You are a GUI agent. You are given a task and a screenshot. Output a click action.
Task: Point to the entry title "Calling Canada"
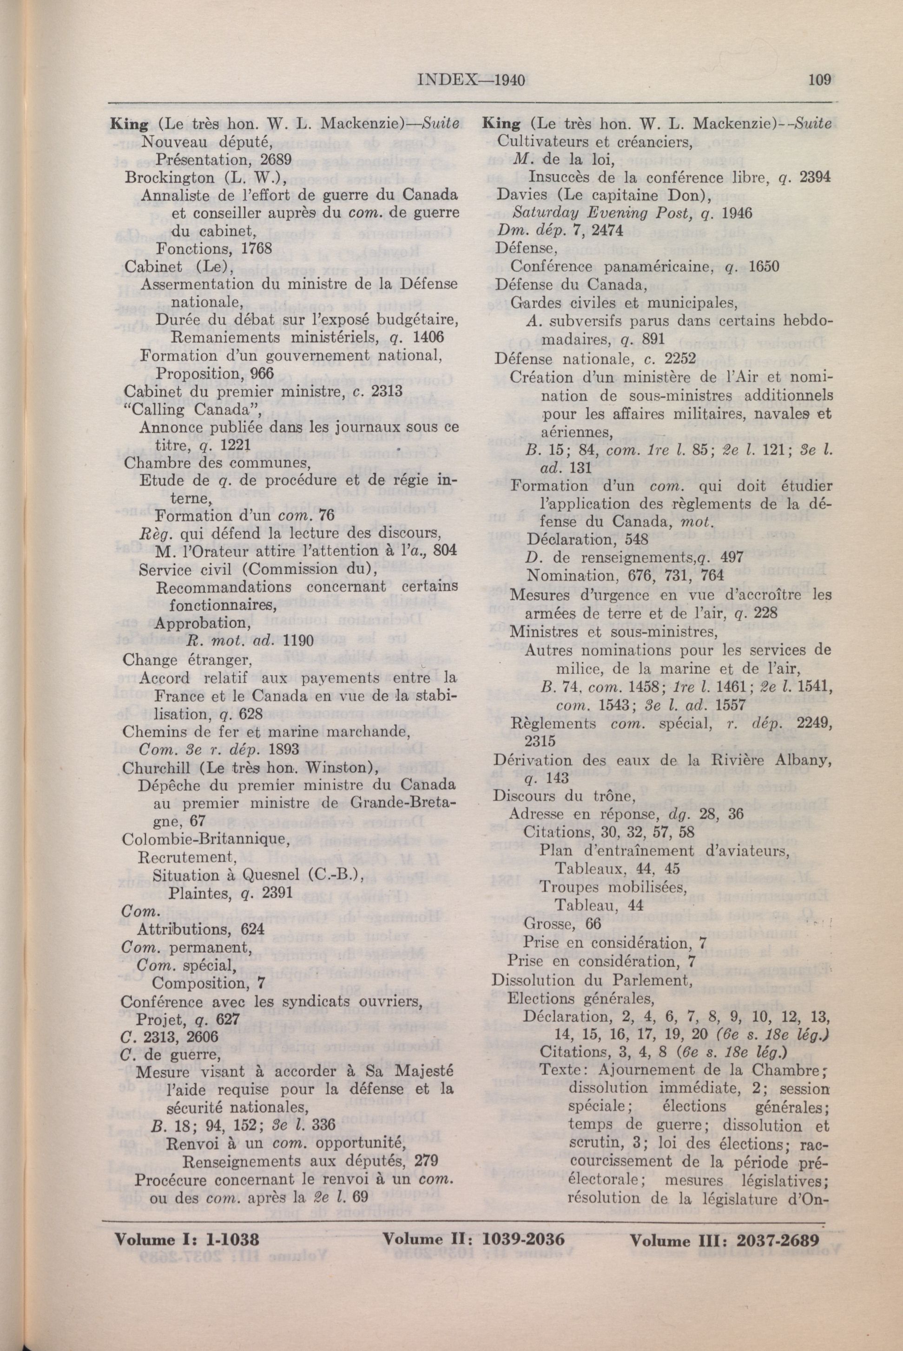[x=193, y=411]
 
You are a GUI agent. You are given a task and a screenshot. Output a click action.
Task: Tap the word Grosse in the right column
[x=545, y=924]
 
